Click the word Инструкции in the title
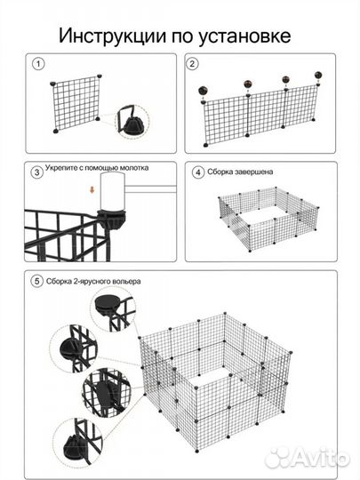click(x=113, y=36)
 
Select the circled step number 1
click(x=38, y=64)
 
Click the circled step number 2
click(x=192, y=64)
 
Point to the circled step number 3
click(x=36, y=172)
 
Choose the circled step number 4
click(x=198, y=172)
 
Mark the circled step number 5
click(x=36, y=281)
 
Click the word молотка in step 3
click(x=134, y=168)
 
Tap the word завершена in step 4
click(x=253, y=172)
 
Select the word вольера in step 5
click(x=126, y=281)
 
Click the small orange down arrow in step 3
click(x=92, y=190)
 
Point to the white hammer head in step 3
click(x=113, y=191)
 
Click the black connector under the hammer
click(x=112, y=219)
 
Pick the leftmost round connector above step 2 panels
click(x=204, y=91)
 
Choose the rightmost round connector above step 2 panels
click(x=318, y=75)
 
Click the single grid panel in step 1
click(x=76, y=103)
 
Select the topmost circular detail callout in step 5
click(x=113, y=309)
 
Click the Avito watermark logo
click(x=307, y=459)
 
